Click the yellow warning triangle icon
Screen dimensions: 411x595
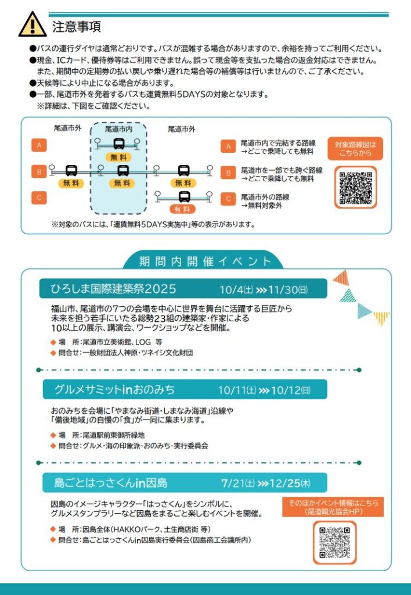tap(33, 24)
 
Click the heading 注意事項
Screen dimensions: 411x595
tap(77, 27)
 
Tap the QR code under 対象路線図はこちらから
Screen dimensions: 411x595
tap(355, 188)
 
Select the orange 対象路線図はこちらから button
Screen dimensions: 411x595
tap(355, 149)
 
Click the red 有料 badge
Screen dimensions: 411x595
tap(182, 209)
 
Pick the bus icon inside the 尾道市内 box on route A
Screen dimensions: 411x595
tap(118, 144)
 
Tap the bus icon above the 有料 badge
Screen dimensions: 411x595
tap(184, 196)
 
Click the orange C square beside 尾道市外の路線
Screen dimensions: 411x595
tap(228, 199)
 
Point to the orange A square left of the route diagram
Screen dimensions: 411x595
tap(39, 145)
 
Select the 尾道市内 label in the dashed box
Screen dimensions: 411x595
tap(118, 130)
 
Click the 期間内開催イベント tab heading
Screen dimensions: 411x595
tap(205, 261)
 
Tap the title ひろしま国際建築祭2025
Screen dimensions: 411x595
tap(113, 289)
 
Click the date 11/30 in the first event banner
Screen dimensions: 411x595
tap(288, 291)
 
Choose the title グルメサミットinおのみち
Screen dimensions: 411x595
tap(114, 390)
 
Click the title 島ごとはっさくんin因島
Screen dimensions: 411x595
tap(110, 483)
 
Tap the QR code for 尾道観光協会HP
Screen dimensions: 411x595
tap(335, 543)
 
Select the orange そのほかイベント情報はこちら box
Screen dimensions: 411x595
tap(333, 507)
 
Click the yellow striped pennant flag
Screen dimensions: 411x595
tap(381, 318)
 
